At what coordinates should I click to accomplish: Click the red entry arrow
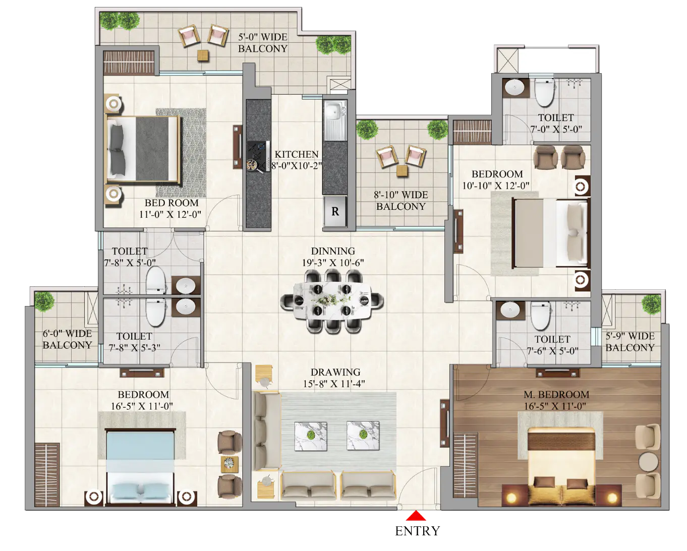(415, 515)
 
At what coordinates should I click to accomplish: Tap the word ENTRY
(417, 531)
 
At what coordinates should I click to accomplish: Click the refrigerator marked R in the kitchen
(335, 211)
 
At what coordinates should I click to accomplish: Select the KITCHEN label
(297, 154)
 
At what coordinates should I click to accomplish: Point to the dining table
(332, 300)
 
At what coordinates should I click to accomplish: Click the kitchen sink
(334, 120)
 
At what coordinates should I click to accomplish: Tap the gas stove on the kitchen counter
(258, 156)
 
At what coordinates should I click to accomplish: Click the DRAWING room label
(335, 373)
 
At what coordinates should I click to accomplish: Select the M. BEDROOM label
(556, 395)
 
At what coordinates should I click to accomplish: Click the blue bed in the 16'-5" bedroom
(140, 467)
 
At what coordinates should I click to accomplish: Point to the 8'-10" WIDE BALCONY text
(401, 201)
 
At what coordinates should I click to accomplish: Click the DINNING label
(333, 251)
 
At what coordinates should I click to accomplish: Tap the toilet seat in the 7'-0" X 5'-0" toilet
(544, 93)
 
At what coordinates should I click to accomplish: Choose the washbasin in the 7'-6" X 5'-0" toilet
(510, 310)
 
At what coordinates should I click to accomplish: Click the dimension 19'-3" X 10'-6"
(333, 263)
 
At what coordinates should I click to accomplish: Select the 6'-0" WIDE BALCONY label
(68, 339)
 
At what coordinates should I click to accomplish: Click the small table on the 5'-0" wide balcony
(203, 55)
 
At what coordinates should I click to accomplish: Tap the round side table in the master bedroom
(648, 461)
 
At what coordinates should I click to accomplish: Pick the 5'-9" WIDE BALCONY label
(630, 342)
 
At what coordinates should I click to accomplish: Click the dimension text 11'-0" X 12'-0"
(170, 214)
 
